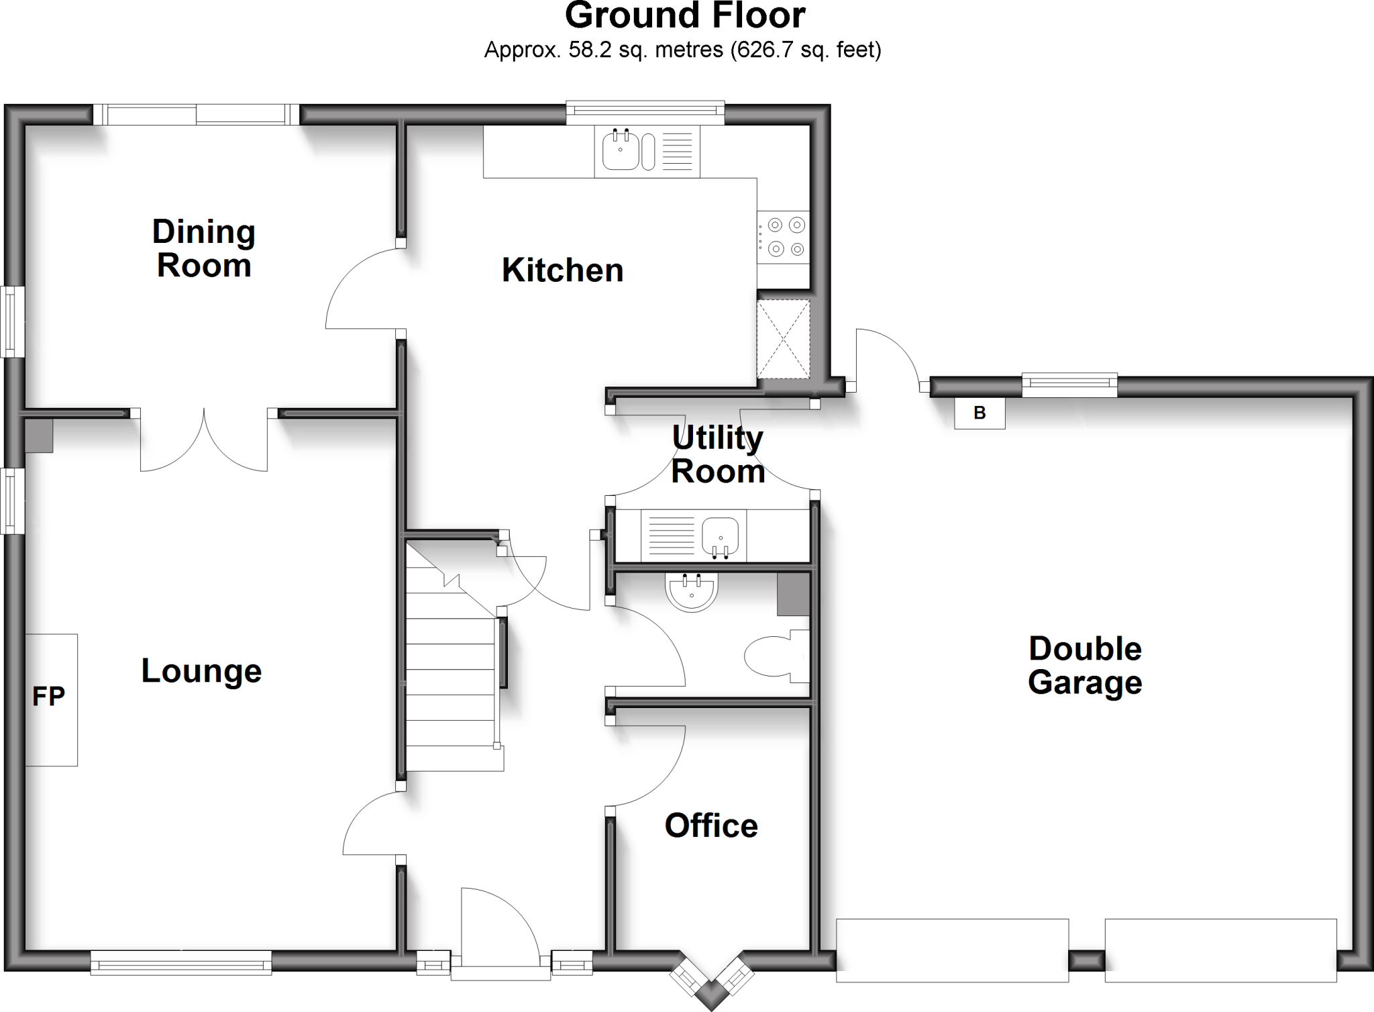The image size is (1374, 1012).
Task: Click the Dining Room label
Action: click(204, 248)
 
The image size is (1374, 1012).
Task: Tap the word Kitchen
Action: click(562, 270)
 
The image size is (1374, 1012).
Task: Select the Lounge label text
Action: click(201, 670)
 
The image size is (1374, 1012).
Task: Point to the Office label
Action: click(711, 825)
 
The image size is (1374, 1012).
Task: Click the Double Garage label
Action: click(1085, 665)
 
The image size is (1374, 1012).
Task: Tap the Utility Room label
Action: click(718, 454)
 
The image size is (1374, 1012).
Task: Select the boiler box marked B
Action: click(980, 413)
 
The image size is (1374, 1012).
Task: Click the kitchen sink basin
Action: click(620, 151)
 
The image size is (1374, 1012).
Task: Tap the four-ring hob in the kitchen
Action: click(784, 237)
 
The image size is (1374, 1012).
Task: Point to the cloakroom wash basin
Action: click(692, 591)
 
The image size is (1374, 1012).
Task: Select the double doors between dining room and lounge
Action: click(203, 440)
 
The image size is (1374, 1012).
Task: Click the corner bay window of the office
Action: click(712, 976)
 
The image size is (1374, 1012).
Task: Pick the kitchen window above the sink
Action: click(645, 113)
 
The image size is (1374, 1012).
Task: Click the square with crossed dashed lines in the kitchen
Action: click(783, 340)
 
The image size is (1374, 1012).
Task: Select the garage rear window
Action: click(1069, 383)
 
